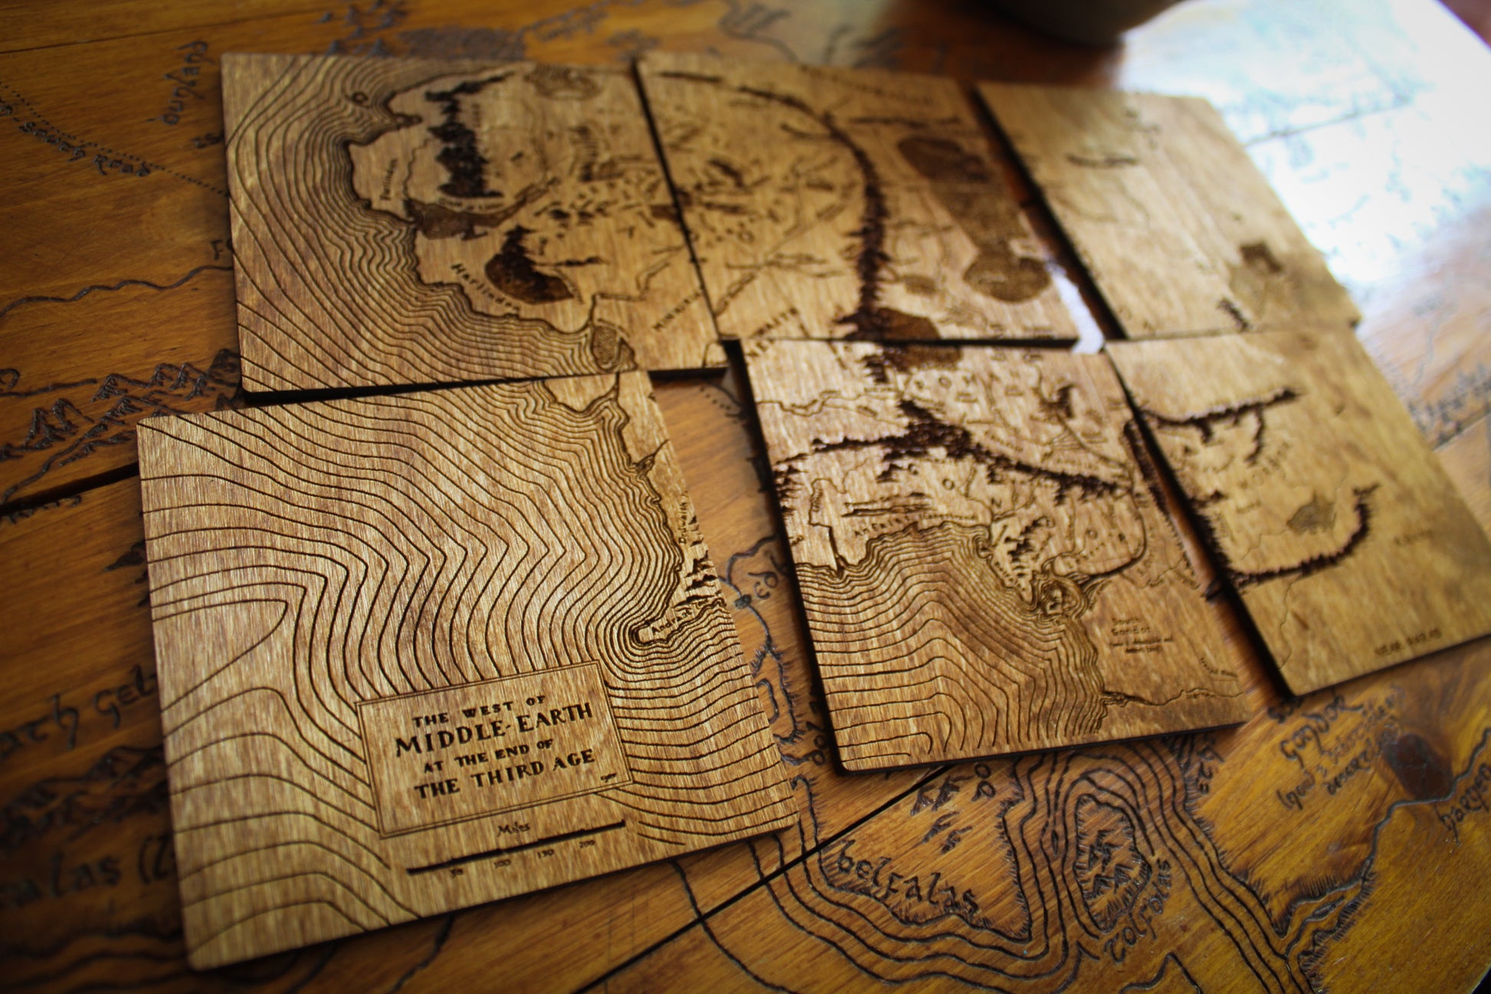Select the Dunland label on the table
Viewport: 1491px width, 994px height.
pos(186,84)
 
